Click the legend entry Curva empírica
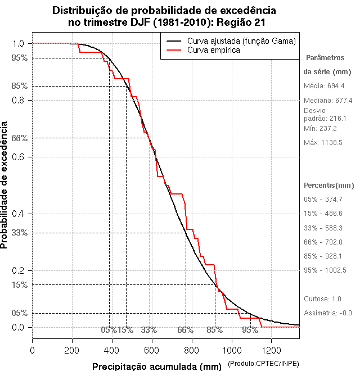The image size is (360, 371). coord(214,50)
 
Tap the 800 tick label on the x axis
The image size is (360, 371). coord(192,349)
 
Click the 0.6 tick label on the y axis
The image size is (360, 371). coord(18,157)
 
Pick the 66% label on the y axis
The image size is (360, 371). coord(19,138)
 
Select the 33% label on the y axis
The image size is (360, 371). coord(19,233)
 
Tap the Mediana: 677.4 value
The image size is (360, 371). coord(328,100)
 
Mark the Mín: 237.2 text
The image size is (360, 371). coord(320,129)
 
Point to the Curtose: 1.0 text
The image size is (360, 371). coord(322,298)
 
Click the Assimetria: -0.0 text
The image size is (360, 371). coord(327,313)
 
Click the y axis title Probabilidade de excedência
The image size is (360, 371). coord(5,184)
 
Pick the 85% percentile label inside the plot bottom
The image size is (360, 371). coord(214,330)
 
